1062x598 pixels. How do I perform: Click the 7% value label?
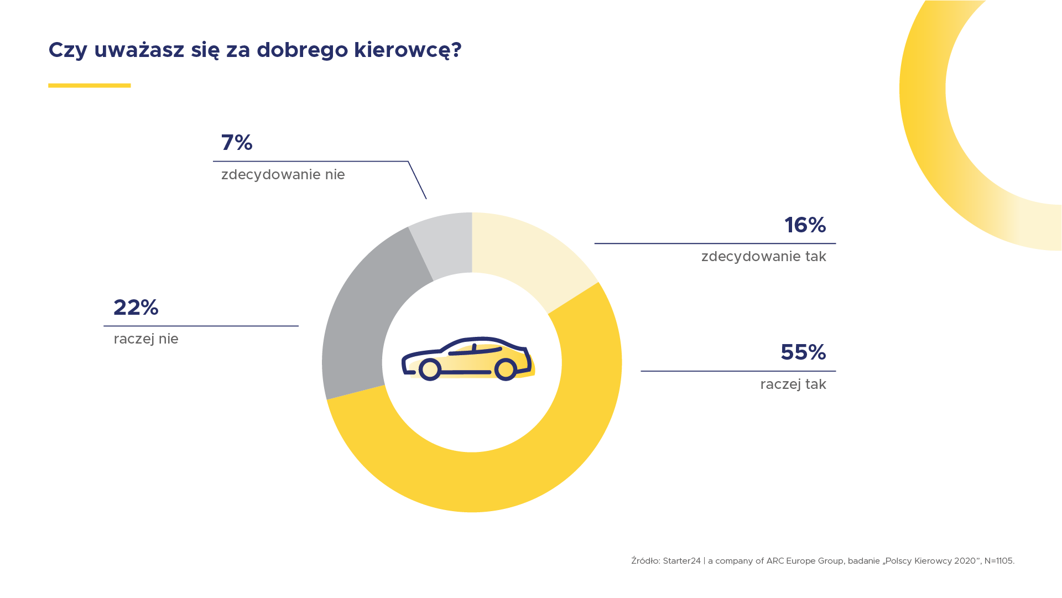coord(237,143)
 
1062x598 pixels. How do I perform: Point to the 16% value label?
coord(805,225)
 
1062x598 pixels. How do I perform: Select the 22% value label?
coord(136,308)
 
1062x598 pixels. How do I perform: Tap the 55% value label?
coord(803,352)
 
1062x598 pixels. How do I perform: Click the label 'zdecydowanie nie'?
coord(283,175)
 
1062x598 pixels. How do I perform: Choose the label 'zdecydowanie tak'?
coord(763,257)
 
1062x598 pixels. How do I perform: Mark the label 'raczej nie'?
coord(146,339)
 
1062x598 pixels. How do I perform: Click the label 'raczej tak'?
coord(793,384)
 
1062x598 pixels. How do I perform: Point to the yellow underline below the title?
coord(89,86)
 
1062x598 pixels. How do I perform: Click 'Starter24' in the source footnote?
coord(681,561)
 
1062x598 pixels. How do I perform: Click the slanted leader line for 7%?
coord(417,180)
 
